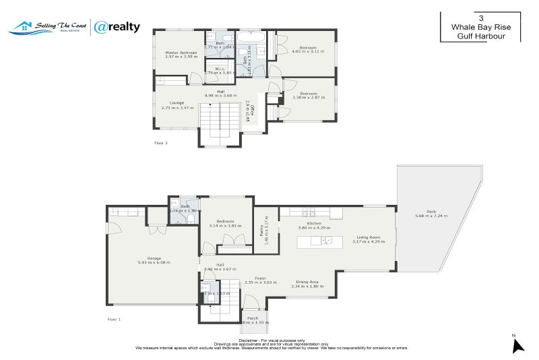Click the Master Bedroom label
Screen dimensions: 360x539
[x=181, y=53]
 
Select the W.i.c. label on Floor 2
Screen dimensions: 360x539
[x=220, y=68]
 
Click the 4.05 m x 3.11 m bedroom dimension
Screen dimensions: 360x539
[x=308, y=52]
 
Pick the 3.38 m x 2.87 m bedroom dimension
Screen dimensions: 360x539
[x=309, y=98]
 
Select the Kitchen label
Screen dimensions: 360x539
[x=314, y=223]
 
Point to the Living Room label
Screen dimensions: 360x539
[x=368, y=237]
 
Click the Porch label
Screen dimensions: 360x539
[x=253, y=318]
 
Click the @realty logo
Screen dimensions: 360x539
[x=117, y=27]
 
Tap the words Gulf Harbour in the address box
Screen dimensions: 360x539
[x=480, y=35]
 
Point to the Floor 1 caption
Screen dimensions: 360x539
[x=114, y=318]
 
